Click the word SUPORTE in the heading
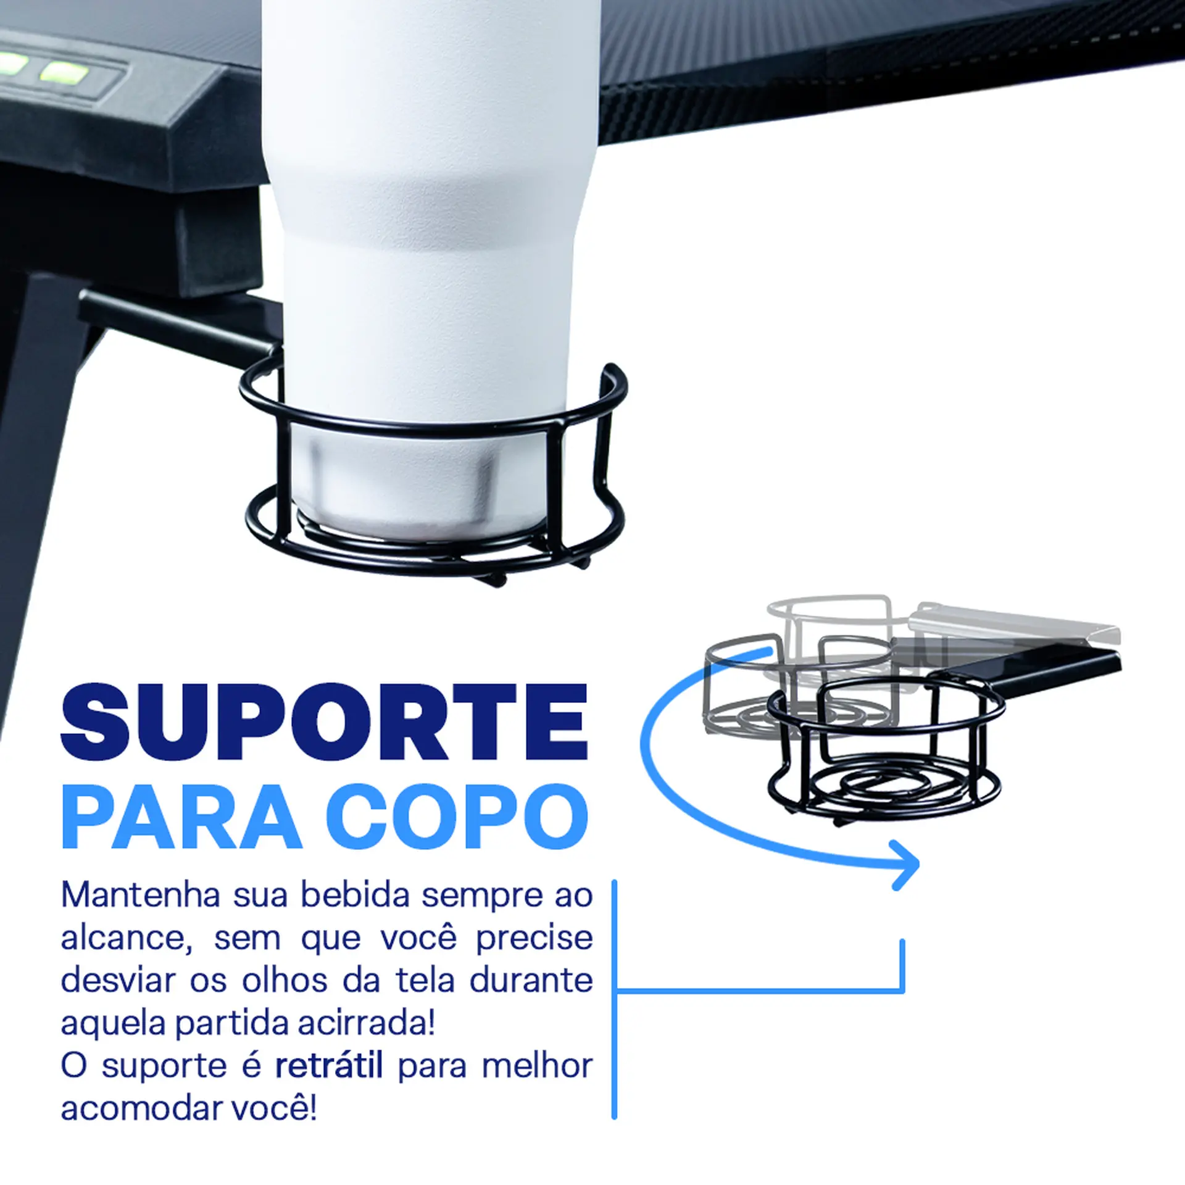click(x=323, y=721)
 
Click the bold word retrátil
click(x=329, y=1066)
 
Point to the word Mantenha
click(x=141, y=896)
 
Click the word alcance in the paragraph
click(x=122, y=938)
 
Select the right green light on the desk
click(x=63, y=73)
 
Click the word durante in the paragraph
click(x=531, y=981)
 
